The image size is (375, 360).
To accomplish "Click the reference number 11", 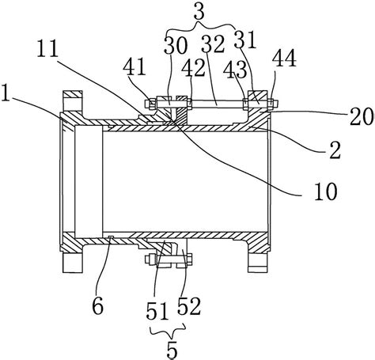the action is pyautogui.click(x=47, y=48).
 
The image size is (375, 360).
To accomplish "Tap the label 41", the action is pyautogui.click(x=134, y=66).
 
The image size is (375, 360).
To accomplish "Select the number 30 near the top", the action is pyautogui.click(x=176, y=46).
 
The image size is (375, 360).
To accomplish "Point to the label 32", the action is pyautogui.click(x=213, y=44).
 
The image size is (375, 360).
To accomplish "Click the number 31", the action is pyautogui.click(x=245, y=40).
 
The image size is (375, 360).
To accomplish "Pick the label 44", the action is pyautogui.click(x=284, y=59).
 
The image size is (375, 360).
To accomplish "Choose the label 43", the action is pyautogui.click(x=235, y=70).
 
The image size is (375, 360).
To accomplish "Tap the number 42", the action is pyautogui.click(x=193, y=67).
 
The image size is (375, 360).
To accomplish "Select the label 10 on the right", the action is pyautogui.click(x=326, y=191).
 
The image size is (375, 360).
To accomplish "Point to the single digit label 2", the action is pyautogui.click(x=335, y=150).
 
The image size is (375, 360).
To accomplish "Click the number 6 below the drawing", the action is pyautogui.click(x=98, y=305).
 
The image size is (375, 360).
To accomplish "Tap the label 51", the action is pyautogui.click(x=157, y=311).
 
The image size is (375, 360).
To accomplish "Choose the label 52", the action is pyautogui.click(x=189, y=306).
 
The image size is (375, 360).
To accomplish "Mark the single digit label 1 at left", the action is pyautogui.click(x=6, y=93).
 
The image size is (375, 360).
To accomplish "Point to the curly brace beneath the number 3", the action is pyautogui.click(x=199, y=25).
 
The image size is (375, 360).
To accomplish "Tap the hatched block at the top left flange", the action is pyautogui.click(x=73, y=94).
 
